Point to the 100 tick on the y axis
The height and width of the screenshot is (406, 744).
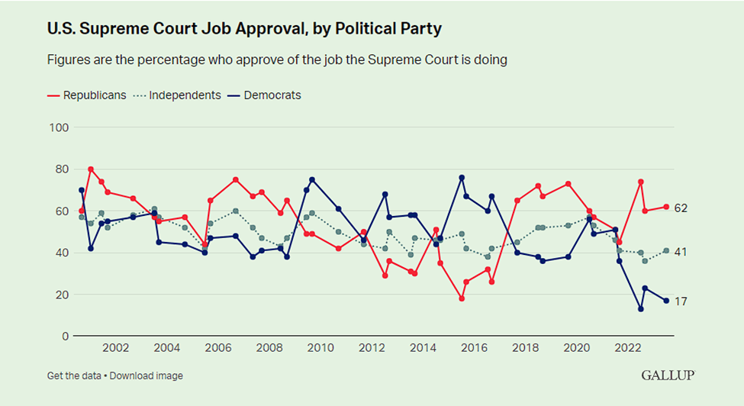(59, 127)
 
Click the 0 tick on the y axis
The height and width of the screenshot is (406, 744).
(64, 336)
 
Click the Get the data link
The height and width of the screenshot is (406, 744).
(73, 375)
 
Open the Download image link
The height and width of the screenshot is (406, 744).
(148, 375)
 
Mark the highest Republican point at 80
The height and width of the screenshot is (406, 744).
(91, 169)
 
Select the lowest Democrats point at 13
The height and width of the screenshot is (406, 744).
(641, 309)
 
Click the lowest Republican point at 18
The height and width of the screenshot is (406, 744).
(462, 298)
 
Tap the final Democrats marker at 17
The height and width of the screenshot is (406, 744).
(666, 301)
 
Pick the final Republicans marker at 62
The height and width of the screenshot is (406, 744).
(666, 207)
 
